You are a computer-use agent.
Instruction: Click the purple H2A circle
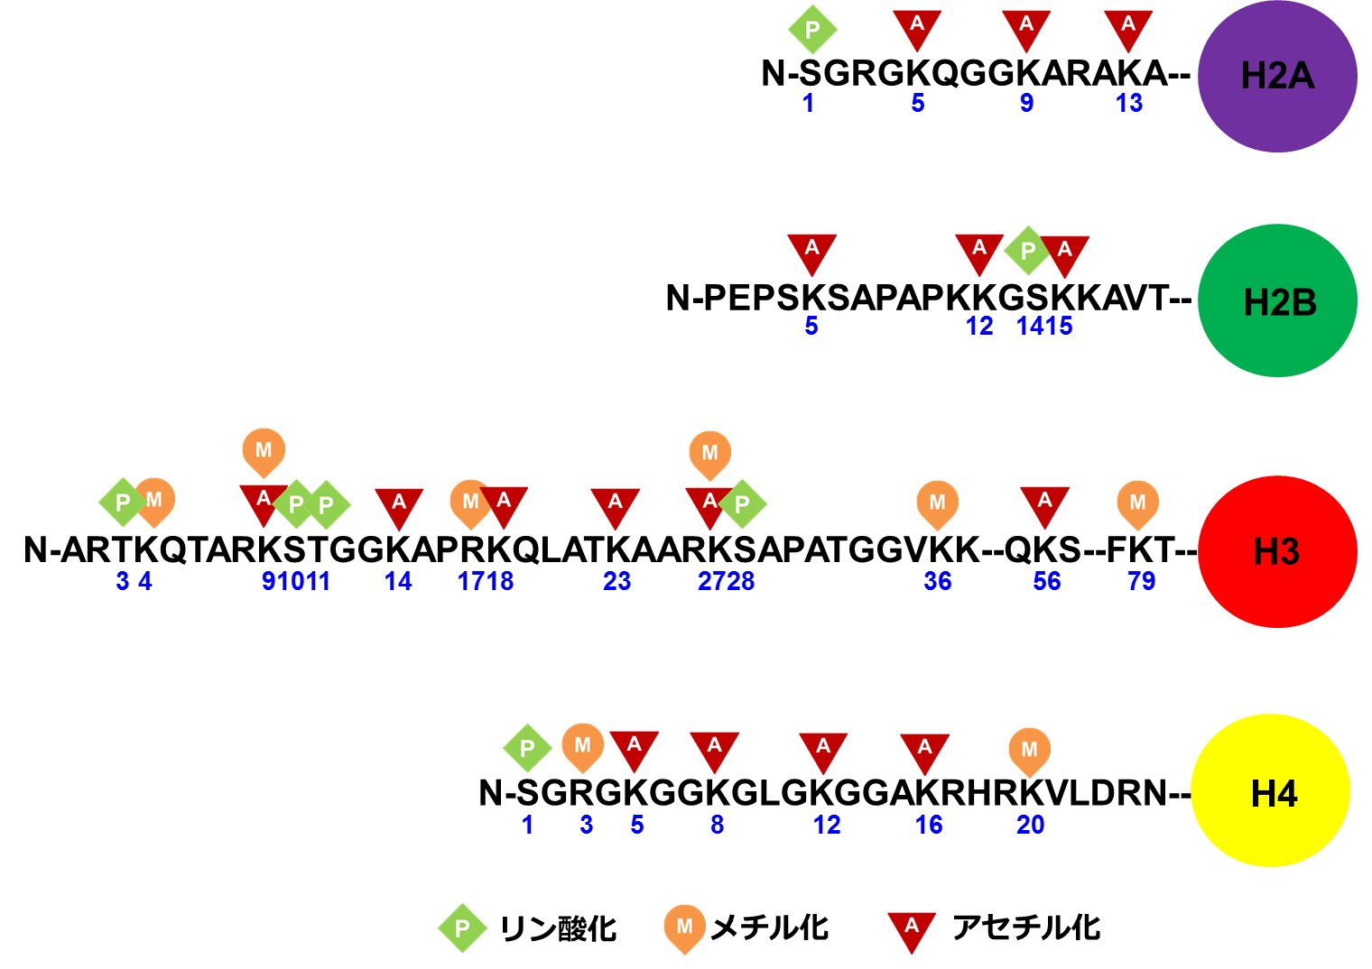tap(1277, 76)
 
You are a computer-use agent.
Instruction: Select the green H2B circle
tap(1277, 300)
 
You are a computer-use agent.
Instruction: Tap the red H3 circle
tap(1277, 551)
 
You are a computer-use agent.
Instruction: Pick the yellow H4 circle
tap(1271, 791)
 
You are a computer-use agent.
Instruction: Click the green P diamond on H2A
tap(812, 30)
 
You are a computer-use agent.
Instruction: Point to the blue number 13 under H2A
tap(1129, 103)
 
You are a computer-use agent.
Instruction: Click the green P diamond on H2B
tap(1027, 250)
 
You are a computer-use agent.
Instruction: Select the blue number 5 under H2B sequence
tap(811, 326)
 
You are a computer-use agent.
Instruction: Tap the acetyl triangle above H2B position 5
tap(811, 252)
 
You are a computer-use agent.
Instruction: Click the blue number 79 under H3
tap(1141, 581)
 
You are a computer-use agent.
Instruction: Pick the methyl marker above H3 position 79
tap(1137, 503)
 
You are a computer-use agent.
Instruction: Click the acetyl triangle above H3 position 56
tap(1044, 503)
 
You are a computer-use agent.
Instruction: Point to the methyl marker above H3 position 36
tap(937, 503)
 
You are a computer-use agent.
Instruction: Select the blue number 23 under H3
tap(616, 581)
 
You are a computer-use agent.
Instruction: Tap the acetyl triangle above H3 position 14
tap(399, 505)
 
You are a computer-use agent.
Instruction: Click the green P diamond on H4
tap(527, 748)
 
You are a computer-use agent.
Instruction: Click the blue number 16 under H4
tap(929, 825)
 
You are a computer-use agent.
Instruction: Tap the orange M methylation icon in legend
tap(684, 927)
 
